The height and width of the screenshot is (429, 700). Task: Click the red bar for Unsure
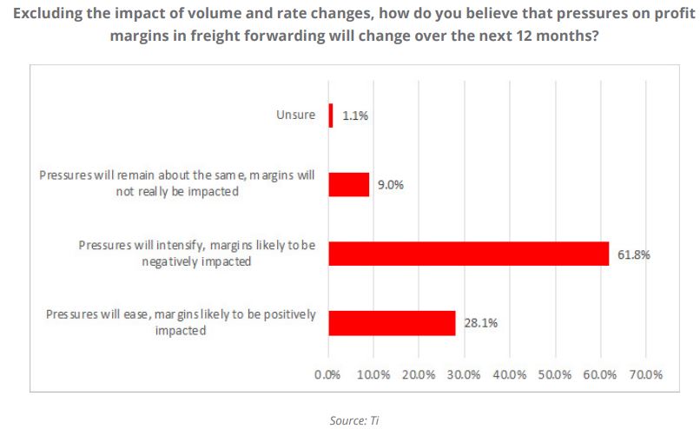click(331, 115)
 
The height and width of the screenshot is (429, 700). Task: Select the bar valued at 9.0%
click(349, 184)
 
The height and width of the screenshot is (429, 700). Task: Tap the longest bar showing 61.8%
click(469, 254)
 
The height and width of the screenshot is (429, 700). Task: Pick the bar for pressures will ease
click(392, 322)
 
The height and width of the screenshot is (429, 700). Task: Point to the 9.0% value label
click(390, 184)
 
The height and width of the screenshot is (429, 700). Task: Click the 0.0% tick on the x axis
click(328, 375)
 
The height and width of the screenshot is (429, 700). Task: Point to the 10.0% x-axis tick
click(373, 375)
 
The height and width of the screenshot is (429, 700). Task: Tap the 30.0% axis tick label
click(464, 375)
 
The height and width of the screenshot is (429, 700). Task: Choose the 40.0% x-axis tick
click(509, 375)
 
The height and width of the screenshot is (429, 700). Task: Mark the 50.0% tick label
click(554, 375)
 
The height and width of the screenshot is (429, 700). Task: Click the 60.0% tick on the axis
click(599, 375)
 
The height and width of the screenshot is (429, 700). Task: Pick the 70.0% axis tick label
click(644, 375)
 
